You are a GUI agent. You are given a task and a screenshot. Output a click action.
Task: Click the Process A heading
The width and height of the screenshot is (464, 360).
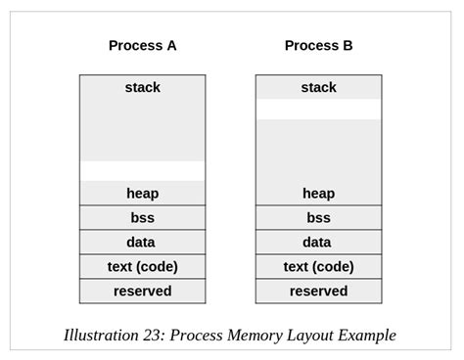pyautogui.click(x=142, y=45)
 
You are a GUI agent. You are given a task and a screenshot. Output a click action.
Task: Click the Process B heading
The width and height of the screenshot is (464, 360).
pyautogui.click(x=318, y=45)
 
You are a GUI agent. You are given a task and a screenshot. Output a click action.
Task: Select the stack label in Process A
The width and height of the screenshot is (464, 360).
pyautogui.click(x=142, y=87)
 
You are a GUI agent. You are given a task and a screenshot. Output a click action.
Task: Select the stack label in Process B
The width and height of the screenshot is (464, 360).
pyautogui.click(x=318, y=87)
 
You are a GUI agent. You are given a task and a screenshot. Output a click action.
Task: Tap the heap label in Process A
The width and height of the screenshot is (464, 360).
pyautogui.click(x=142, y=194)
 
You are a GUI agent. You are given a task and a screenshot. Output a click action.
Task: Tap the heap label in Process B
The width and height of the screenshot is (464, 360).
pyautogui.click(x=318, y=194)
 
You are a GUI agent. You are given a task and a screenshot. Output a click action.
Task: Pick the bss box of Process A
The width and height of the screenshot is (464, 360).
pyautogui.click(x=142, y=218)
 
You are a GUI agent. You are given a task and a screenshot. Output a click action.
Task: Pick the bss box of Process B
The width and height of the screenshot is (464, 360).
pyautogui.click(x=318, y=218)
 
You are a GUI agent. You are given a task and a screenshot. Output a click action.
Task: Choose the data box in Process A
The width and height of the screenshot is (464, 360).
pyautogui.click(x=142, y=243)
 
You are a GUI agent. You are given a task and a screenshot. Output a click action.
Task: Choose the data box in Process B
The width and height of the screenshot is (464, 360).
pyautogui.click(x=318, y=243)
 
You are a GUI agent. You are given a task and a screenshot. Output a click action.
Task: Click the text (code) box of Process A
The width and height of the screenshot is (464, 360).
pyautogui.click(x=142, y=267)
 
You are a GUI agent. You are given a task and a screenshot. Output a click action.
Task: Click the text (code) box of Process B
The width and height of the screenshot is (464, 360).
pyautogui.click(x=318, y=267)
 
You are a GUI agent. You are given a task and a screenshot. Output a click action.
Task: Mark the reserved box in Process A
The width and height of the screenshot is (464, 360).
pyautogui.click(x=142, y=292)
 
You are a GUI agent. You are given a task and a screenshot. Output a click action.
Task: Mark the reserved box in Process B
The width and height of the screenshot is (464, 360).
pyautogui.click(x=318, y=292)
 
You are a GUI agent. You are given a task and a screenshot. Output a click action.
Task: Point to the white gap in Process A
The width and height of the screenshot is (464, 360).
pyautogui.click(x=142, y=171)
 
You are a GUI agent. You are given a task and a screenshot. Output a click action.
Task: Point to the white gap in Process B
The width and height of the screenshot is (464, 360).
pyautogui.click(x=318, y=109)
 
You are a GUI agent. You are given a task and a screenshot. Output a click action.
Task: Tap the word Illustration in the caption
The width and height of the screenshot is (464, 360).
pyautogui.click(x=101, y=336)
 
